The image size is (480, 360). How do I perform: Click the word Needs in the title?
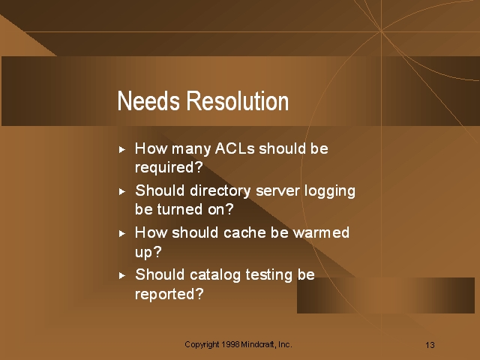[x=148, y=100]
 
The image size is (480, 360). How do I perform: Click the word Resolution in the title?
[x=238, y=100]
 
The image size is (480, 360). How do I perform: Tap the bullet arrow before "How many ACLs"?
[x=122, y=150]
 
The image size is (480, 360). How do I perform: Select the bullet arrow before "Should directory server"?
[x=122, y=192]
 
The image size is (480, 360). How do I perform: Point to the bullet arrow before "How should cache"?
[x=122, y=233]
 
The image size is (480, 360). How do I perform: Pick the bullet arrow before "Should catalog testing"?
[x=122, y=275]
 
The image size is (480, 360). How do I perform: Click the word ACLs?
[x=235, y=148]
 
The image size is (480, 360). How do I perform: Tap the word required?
[x=169, y=168]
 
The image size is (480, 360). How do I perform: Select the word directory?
[x=220, y=191]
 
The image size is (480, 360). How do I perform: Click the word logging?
[x=330, y=191]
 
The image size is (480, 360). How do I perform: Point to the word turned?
[x=180, y=209]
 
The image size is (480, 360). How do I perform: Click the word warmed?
[x=321, y=232]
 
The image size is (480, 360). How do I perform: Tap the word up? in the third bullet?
[x=148, y=252]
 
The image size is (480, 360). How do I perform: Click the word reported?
[x=169, y=294]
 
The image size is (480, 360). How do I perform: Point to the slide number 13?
[x=430, y=345]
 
